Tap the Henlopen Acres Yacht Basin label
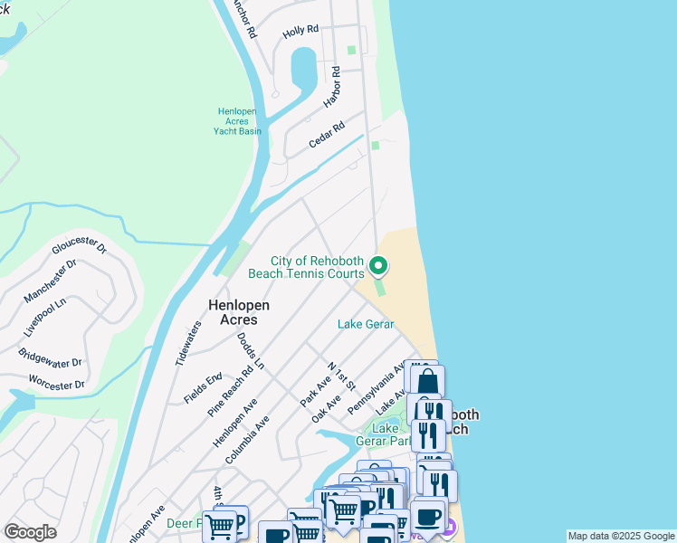237,121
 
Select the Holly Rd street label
300,30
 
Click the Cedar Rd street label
327,136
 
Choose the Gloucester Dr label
80,247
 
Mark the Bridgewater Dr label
51,350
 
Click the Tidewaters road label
189,343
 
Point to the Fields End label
203,387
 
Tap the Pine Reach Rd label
230,391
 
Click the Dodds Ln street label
251,351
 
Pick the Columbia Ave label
248,440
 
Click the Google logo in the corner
30,532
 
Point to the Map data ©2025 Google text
621,536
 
